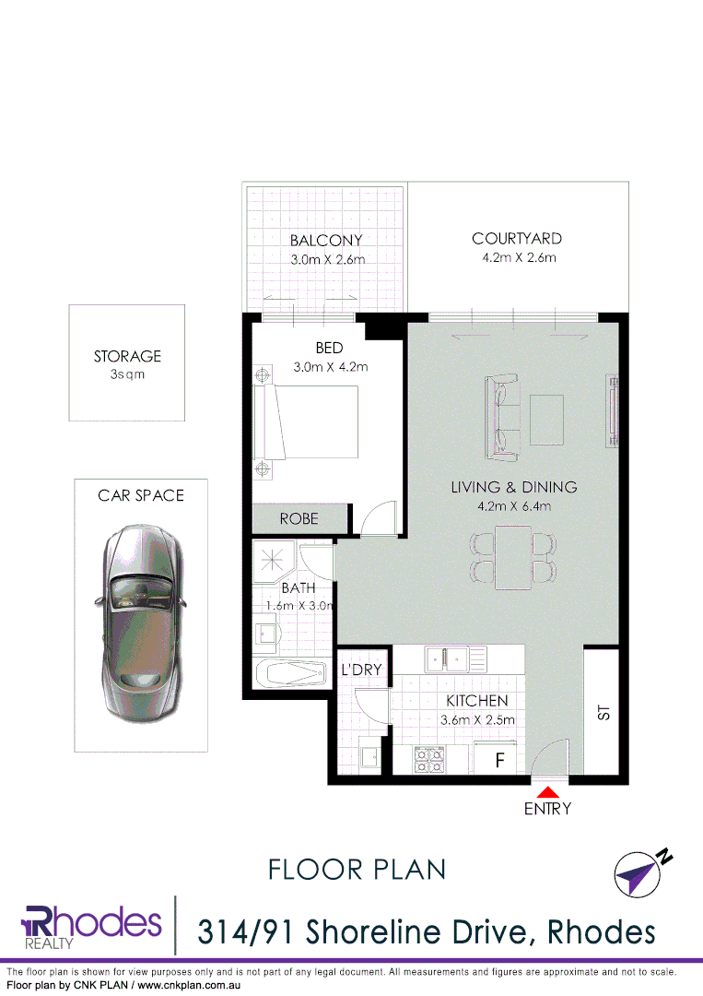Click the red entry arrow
(548, 790)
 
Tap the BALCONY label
(326, 241)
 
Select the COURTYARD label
(516, 239)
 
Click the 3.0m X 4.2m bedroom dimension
(329, 366)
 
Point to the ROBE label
(299, 519)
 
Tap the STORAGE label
(127, 356)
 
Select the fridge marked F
(500, 761)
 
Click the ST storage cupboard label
(603, 712)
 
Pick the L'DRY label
(361, 670)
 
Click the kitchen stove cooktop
(429, 759)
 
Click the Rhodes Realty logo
(90, 925)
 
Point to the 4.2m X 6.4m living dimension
(513, 505)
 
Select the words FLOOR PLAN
(357, 869)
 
